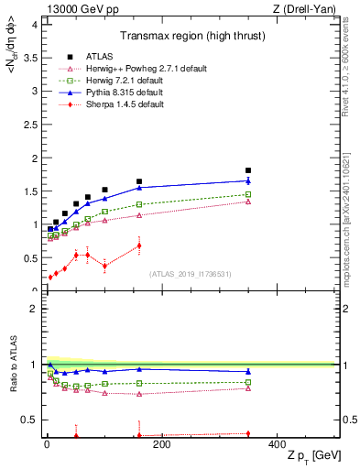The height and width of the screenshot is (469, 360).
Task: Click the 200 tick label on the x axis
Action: tap(161, 445)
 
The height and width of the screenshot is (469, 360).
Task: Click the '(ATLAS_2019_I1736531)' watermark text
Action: tap(190, 274)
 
